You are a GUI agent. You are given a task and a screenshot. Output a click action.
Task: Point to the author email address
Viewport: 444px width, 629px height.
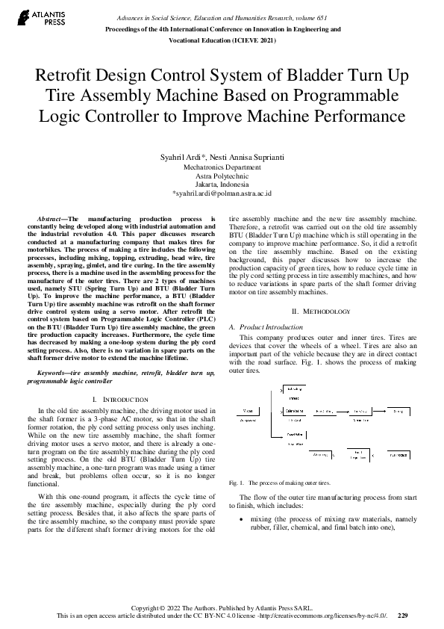(222, 192)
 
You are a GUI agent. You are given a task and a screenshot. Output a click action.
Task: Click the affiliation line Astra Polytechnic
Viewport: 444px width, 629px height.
(222, 176)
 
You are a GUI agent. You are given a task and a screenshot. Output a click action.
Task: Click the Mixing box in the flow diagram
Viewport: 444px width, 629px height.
(245, 411)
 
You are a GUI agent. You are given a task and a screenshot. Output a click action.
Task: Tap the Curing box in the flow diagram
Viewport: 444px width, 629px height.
(398, 411)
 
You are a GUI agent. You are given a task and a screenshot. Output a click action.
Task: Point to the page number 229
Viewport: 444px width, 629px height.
(402, 616)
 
